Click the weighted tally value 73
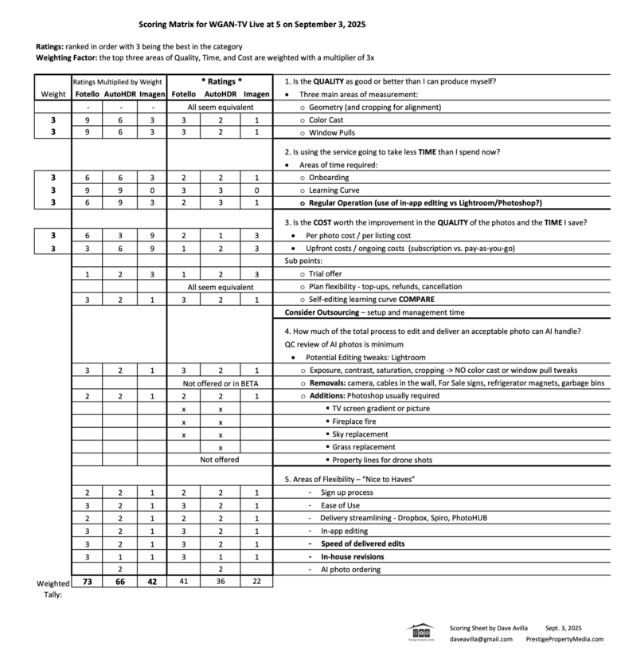click(x=88, y=582)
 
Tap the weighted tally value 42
click(x=153, y=582)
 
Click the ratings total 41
click(x=183, y=582)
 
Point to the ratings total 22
click(x=256, y=582)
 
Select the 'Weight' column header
click(x=53, y=94)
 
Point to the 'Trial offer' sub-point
click(x=330, y=273)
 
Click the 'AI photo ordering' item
click(x=350, y=569)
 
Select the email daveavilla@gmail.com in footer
click(x=482, y=639)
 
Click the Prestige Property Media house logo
click(x=420, y=631)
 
